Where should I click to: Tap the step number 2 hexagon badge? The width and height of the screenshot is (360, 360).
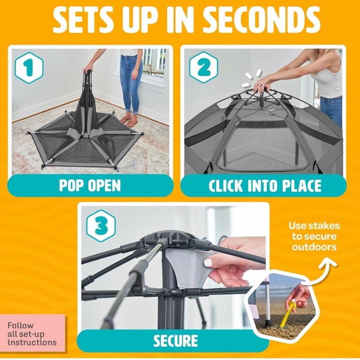(x=202, y=68)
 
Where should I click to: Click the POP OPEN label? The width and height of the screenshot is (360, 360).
(x=90, y=186)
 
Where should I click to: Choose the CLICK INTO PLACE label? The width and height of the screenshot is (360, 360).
(x=264, y=186)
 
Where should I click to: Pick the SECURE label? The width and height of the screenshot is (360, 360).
(x=176, y=341)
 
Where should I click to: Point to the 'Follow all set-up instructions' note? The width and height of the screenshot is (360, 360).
(x=32, y=333)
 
